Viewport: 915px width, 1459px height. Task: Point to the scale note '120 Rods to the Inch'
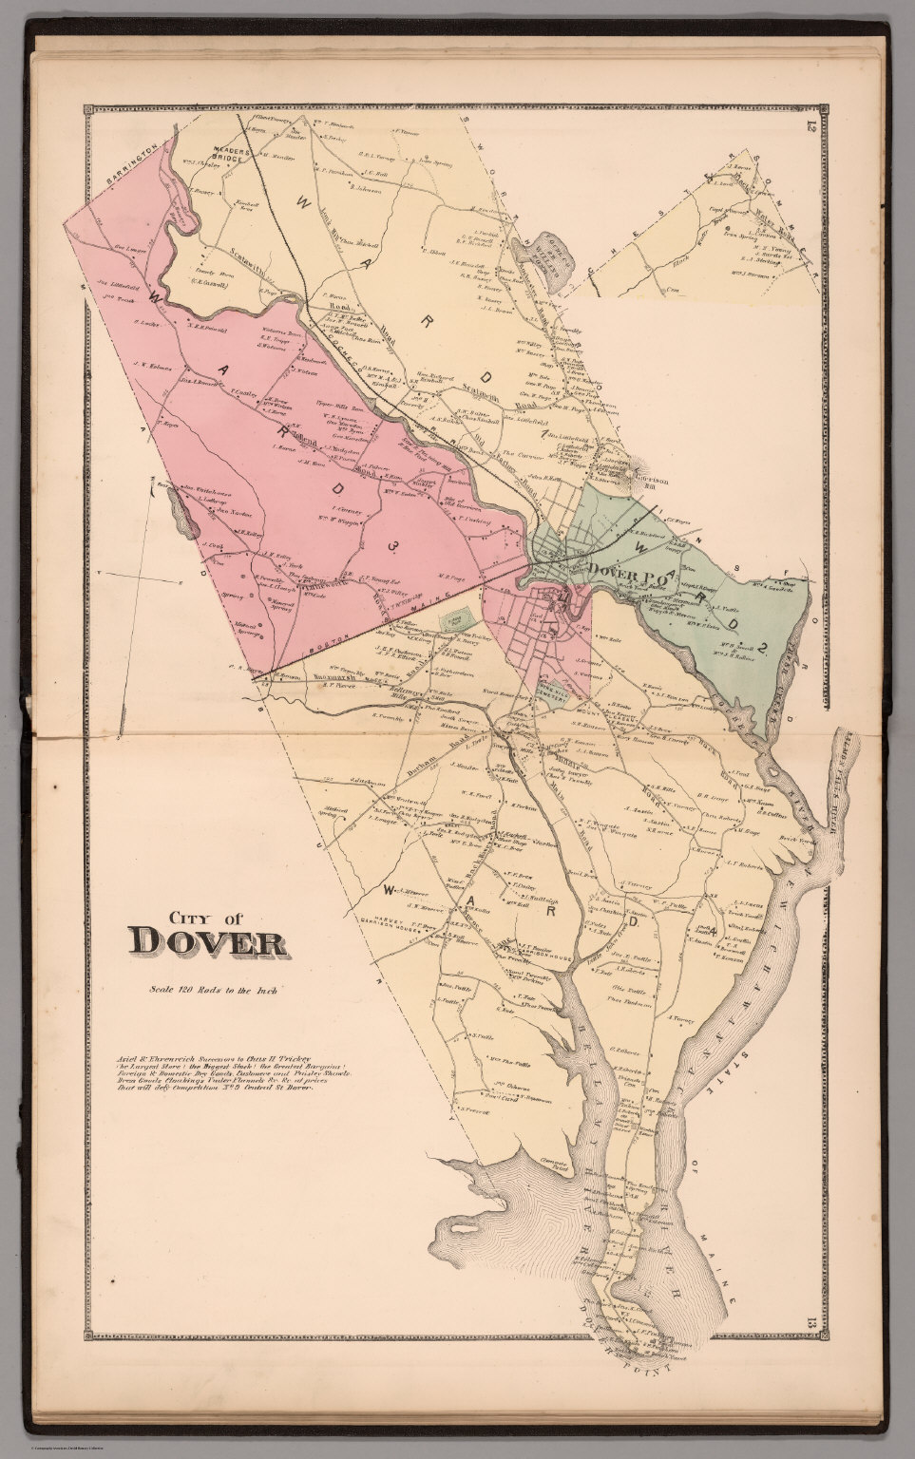tap(212, 991)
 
